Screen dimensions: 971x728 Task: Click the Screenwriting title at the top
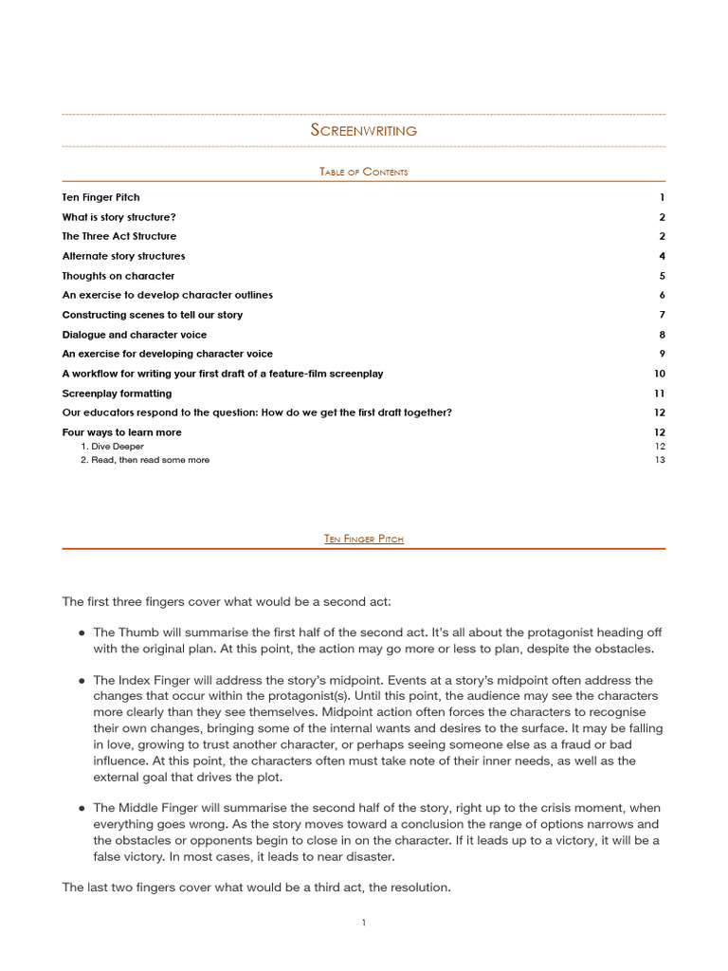pos(364,130)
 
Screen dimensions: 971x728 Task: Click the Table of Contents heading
pos(364,172)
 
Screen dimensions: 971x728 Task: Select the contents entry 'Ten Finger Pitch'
pos(100,197)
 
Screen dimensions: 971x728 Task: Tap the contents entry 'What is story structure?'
pos(118,217)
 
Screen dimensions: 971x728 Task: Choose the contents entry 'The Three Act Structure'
pos(118,236)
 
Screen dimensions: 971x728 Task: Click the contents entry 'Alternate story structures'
pos(123,256)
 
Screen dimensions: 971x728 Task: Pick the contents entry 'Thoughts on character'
pos(118,276)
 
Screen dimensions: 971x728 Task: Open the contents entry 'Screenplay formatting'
pos(117,394)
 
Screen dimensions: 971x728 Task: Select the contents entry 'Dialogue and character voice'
pos(134,335)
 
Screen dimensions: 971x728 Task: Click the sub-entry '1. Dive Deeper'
pos(112,446)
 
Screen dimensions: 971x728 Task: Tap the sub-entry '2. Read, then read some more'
pos(145,460)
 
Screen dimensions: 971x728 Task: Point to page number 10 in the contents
pos(660,374)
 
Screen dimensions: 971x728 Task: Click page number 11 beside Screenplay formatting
pos(660,394)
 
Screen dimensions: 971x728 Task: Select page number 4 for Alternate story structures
pos(662,256)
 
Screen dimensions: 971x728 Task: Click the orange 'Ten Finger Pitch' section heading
pos(364,539)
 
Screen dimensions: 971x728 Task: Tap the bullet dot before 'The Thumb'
pos(82,632)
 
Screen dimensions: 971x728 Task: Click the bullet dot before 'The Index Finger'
pos(82,681)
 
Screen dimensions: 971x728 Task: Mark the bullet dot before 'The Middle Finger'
pos(82,808)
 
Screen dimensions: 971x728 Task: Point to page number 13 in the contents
pos(660,460)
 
